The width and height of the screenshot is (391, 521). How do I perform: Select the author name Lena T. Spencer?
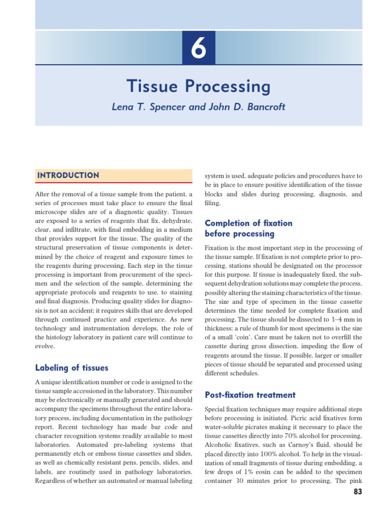coord(145,108)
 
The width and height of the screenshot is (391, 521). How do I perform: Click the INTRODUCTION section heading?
coord(68,176)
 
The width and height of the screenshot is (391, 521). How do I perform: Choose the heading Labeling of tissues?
coord(71,367)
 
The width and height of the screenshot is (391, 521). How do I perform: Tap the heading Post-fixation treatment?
coord(249,395)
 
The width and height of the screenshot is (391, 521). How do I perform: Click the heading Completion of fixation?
coord(248,223)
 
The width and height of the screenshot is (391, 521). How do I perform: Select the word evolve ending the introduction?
coord(44,346)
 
